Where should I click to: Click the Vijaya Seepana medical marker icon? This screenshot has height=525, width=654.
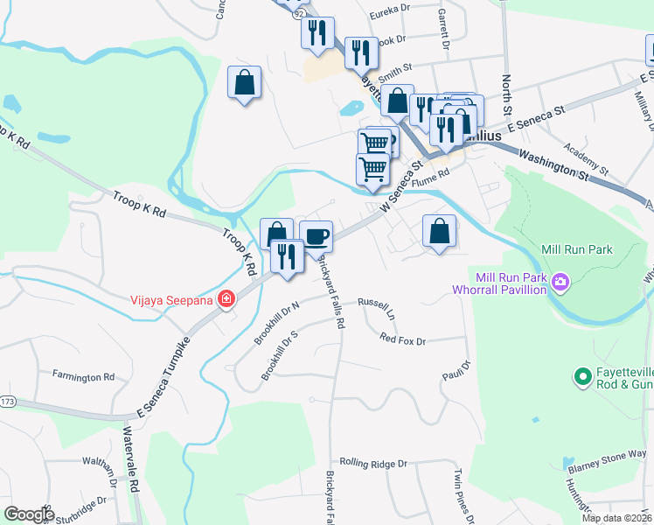[x=226, y=299]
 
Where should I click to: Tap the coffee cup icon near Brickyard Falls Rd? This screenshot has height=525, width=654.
[x=316, y=235]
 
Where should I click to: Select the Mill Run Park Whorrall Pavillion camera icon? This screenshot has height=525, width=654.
[x=560, y=283]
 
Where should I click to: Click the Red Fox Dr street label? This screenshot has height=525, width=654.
[x=402, y=339]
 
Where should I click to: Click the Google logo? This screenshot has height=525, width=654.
[x=29, y=514]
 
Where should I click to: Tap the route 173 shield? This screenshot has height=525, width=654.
[x=8, y=402]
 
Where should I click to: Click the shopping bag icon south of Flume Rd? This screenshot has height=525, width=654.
[x=439, y=232]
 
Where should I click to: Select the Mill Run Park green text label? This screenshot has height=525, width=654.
[x=577, y=249]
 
